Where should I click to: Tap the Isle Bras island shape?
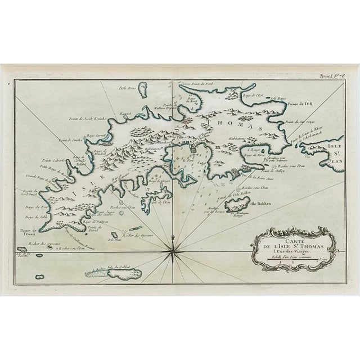142,90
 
